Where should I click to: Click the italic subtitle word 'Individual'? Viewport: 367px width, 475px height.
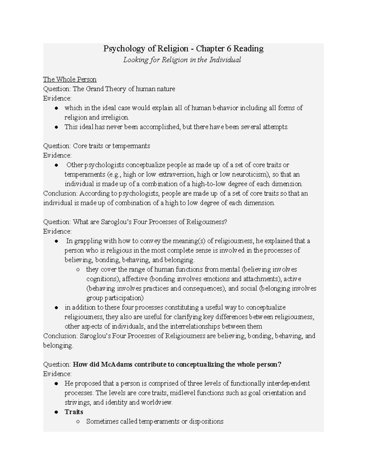[225, 60]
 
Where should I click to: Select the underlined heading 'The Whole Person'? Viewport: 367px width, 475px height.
[70, 80]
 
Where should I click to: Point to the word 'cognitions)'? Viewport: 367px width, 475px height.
[103, 279]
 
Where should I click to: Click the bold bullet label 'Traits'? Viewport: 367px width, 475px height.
[74, 412]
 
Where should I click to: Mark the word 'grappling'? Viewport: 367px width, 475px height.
[87, 241]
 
